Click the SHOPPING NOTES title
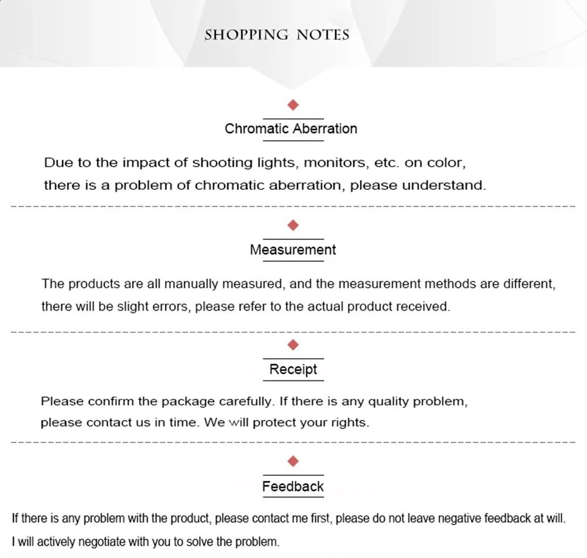(x=276, y=35)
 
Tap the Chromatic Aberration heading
(x=291, y=129)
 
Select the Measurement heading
(x=293, y=250)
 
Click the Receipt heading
(x=293, y=370)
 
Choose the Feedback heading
(x=293, y=486)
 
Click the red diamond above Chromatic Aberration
(x=293, y=105)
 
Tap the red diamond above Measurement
(x=293, y=225)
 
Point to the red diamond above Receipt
(x=293, y=344)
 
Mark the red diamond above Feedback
(x=293, y=461)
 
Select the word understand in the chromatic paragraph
(x=444, y=186)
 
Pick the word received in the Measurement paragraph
(x=426, y=307)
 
